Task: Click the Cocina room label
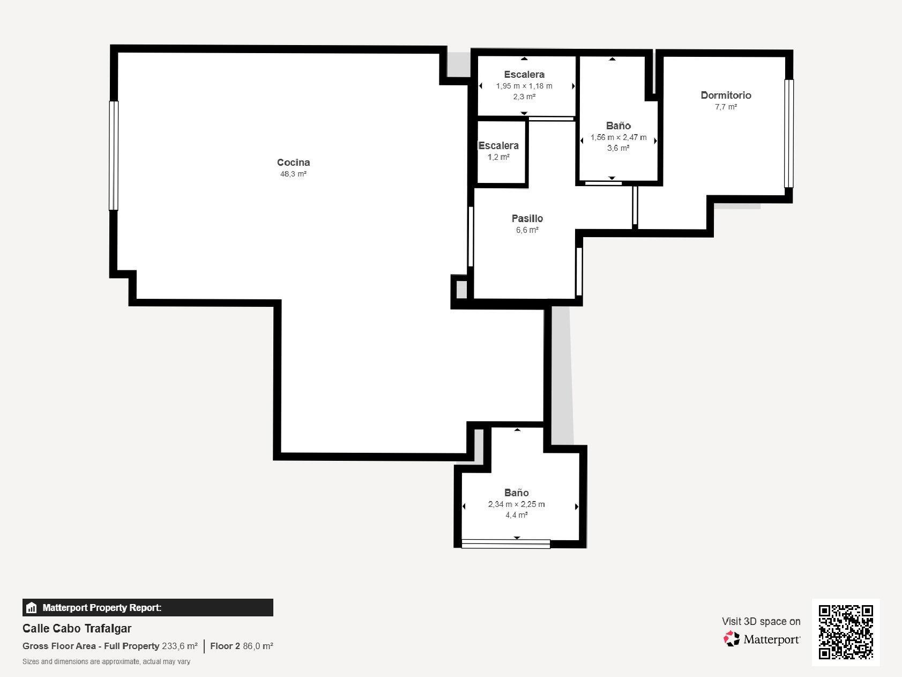293,162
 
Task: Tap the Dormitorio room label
726,95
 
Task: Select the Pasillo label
527,218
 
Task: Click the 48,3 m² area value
293,174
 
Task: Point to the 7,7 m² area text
726,107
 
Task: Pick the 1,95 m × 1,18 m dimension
524,86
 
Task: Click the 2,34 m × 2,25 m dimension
516,504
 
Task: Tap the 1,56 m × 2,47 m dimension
618,137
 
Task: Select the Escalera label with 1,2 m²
498,145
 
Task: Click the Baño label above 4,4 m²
516,492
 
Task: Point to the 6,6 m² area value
527,230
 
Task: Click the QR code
846,632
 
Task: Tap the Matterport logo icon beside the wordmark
732,638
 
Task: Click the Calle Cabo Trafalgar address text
77,628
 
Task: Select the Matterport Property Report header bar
148,608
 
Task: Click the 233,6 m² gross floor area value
180,646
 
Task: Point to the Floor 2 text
225,646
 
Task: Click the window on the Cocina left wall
113,156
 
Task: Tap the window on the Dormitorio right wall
788,134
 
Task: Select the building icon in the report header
32,608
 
